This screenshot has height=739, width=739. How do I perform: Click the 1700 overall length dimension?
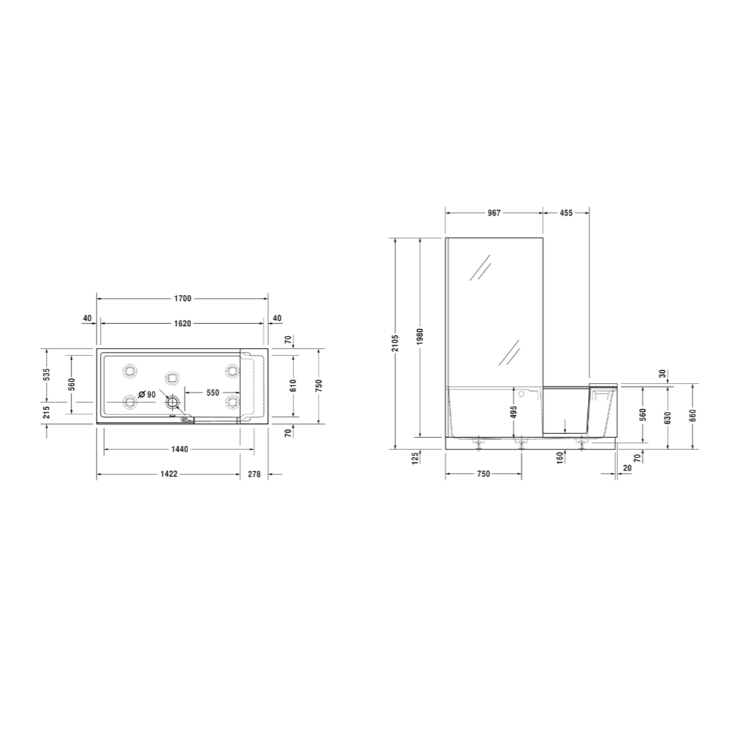pyautogui.click(x=182, y=298)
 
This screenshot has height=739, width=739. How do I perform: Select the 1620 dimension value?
pyautogui.click(x=182, y=323)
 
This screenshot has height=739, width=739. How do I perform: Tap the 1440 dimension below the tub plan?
pyautogui.click(x=179, y=449)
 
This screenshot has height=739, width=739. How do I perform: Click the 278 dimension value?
pyautogui.click(x=254, y=474)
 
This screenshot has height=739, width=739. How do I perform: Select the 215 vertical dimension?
pyautogui.click(x=46, y=413)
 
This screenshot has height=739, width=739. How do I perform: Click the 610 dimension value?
pyautogui.click(x=293, y=386)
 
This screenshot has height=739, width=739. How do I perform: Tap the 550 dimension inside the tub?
pyautogui.click(x=213, y=392)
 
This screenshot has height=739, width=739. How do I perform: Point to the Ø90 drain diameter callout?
pyautogui.click(x=147, y=394)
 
